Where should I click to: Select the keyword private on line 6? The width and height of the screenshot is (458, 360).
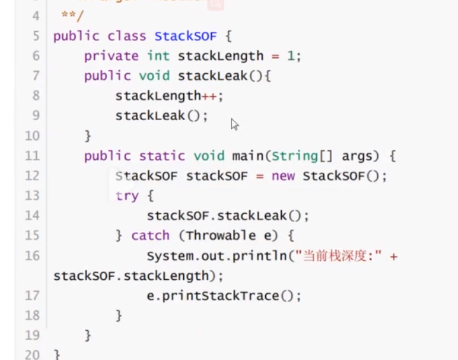(x=111, y=56)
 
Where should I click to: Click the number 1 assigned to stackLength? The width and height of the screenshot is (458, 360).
(x=291, y=56)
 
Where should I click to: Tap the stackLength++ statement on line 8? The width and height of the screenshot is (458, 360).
(x=169, y=96)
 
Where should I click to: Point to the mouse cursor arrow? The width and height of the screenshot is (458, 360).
(x=234, y=124)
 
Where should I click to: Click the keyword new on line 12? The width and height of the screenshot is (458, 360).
(x=283, y=176)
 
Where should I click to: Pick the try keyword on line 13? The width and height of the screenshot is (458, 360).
(x=127, y=196)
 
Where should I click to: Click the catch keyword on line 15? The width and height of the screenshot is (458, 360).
(x=150, y=235)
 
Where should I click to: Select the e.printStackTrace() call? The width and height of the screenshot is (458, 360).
(x=223, y=296)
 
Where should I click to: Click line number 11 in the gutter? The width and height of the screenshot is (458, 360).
(x=32, y=156)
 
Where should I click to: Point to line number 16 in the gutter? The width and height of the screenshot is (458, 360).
(x=32, y=256)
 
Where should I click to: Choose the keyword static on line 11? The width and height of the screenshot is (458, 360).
(x=162, y=156)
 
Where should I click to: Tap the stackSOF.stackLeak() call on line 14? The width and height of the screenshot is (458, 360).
(x=227, y=216)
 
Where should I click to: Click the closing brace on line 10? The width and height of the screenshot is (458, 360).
(x=88, y=136)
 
